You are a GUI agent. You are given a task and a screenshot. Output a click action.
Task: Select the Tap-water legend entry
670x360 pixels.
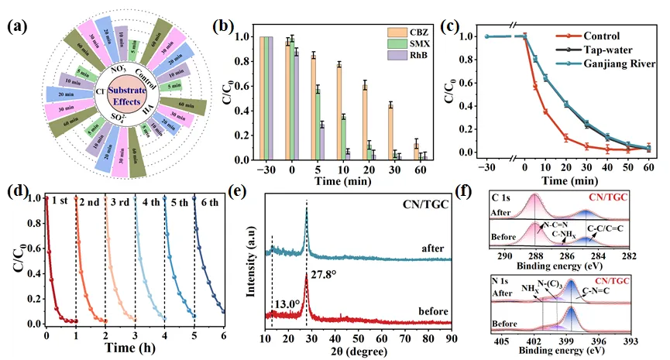(x=602, y=49)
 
